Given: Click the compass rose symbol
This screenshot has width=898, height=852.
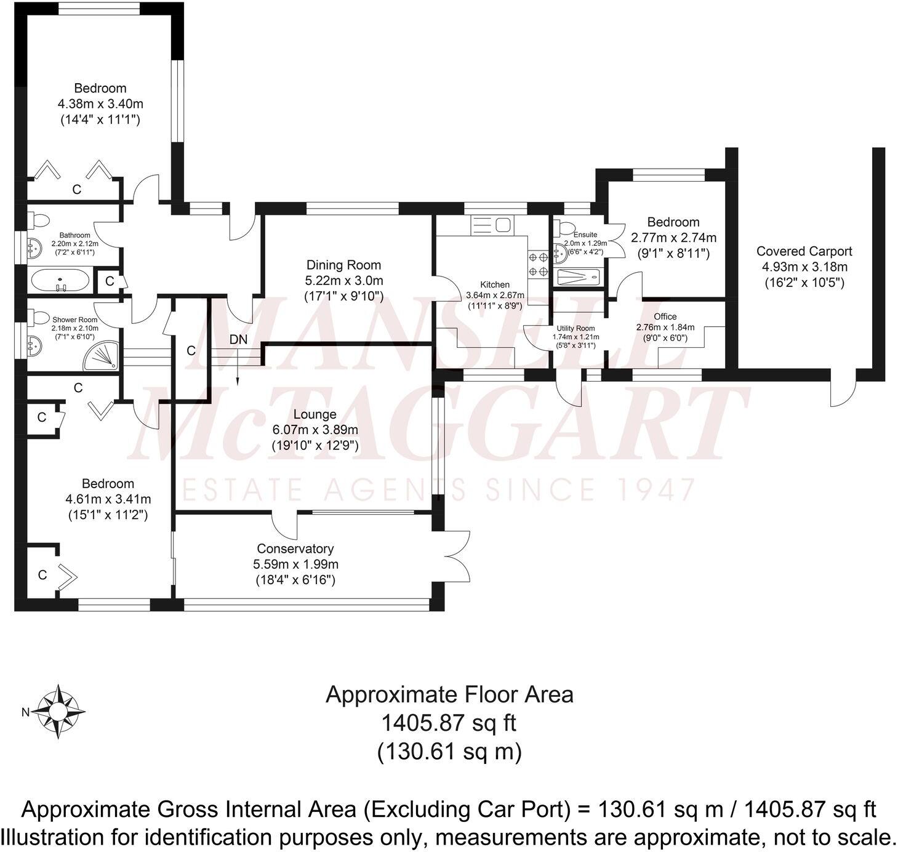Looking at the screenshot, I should pos(59,712).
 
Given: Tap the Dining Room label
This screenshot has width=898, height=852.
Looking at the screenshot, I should pos(343,265).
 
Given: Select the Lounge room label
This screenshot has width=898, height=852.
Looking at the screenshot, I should pos(315,414).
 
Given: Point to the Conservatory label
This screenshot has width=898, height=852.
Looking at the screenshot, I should pos(295,549).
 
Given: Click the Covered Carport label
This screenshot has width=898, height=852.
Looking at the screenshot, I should pos(804,251).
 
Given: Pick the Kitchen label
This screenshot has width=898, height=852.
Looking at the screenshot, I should pos(495,284).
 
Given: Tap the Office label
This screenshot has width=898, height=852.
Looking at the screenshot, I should pos(665,316).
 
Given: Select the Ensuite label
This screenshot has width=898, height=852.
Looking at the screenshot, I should pos(585,235).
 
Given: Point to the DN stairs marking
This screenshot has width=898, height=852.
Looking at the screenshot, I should pos(238,339).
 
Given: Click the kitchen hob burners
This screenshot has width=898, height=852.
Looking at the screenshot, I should pos(537,265).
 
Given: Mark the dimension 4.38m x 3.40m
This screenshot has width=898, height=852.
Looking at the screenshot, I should pos(100,103).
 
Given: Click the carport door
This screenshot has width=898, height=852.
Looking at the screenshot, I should pos(842,392).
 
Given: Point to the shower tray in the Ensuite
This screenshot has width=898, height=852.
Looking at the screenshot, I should pos(577,278).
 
